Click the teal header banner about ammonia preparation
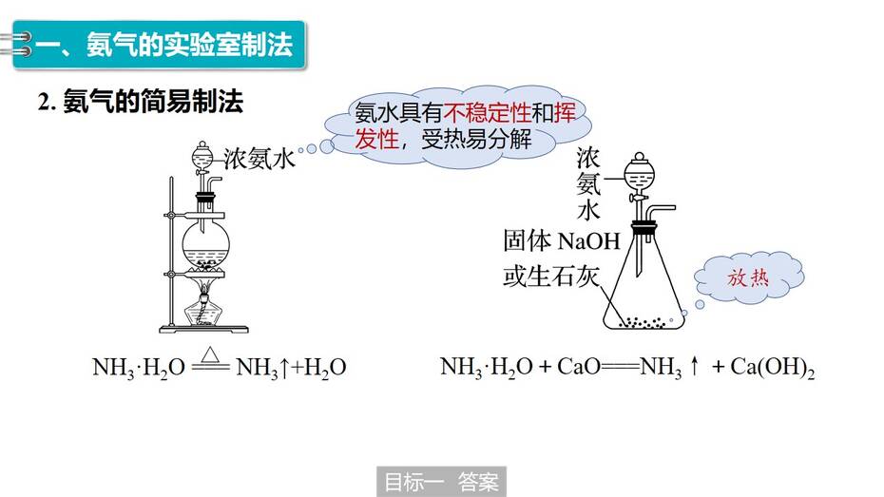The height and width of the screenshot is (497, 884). [159, 45]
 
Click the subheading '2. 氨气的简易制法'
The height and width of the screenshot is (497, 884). [141, 102]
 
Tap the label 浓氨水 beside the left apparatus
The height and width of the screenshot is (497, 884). [259, 159]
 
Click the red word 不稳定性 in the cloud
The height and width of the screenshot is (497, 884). [487, 113]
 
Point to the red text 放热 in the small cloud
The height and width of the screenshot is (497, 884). [747, 277]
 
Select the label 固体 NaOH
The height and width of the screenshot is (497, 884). [562, 241]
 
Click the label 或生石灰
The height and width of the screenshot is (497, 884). [550, 277]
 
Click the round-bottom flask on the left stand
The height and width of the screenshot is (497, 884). [205, 243]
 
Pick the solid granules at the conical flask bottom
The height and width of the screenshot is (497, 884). [643, 323]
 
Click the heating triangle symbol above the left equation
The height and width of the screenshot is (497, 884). [210, 355]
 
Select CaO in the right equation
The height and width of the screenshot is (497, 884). [578, 367]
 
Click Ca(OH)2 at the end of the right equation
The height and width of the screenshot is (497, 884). [773, 368]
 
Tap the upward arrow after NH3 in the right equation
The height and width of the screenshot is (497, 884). [695, 366]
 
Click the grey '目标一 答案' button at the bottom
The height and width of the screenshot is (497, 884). [441, 482]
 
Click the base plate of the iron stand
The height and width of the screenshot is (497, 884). [203, 329]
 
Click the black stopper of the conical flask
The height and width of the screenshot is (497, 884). [644, 228]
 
